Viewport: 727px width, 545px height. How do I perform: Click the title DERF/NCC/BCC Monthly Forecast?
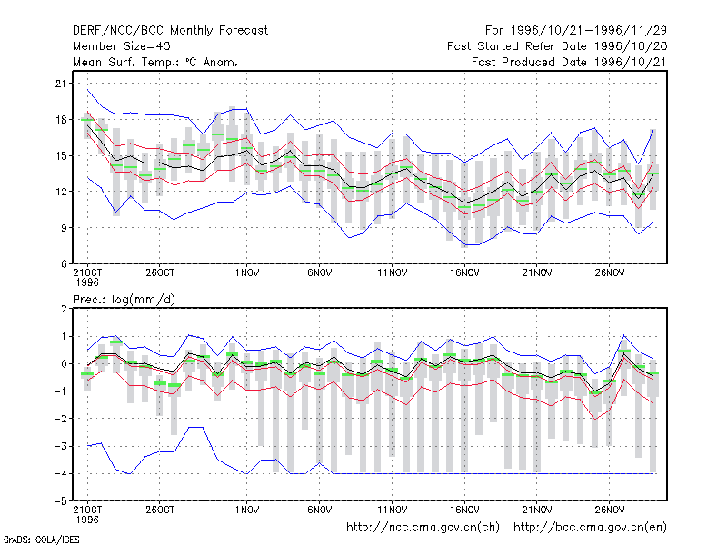[170, 31]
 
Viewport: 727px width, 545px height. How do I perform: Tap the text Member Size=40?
[122, 46]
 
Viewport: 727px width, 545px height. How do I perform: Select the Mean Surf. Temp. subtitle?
[155, 62]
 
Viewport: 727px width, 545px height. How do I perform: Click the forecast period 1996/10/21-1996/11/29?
[576, 31]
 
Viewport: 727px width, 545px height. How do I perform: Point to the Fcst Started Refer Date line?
[557, 46]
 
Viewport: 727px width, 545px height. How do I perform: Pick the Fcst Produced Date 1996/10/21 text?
[569, 62]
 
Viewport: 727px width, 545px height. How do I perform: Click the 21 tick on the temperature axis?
[61, 84]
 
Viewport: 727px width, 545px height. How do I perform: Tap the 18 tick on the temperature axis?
[61, 120]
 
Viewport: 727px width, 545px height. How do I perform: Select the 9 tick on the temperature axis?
[64, 228]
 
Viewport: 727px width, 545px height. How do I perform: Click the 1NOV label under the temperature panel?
[246, 273]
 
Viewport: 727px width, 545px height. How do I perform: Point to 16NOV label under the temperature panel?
[464, 273]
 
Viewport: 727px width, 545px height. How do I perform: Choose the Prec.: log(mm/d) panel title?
[124, 300]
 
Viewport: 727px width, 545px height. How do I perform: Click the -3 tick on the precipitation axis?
[61, 446]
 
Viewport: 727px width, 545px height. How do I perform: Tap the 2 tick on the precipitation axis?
[64, 309]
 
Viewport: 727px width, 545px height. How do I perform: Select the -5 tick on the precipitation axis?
[61, 501]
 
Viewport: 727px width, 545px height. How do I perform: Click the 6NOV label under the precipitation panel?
[320, 510]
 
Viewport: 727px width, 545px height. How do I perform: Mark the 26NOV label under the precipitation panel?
[610, 510]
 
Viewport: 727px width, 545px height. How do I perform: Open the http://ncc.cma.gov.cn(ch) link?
[423, 528]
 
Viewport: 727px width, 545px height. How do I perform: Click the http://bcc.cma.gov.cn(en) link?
[590, 528]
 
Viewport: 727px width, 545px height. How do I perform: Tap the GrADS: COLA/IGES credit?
[41, 540]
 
